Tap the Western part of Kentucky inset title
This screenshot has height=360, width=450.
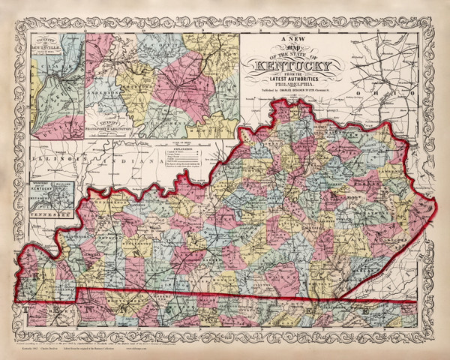click(x=42, y=185)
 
